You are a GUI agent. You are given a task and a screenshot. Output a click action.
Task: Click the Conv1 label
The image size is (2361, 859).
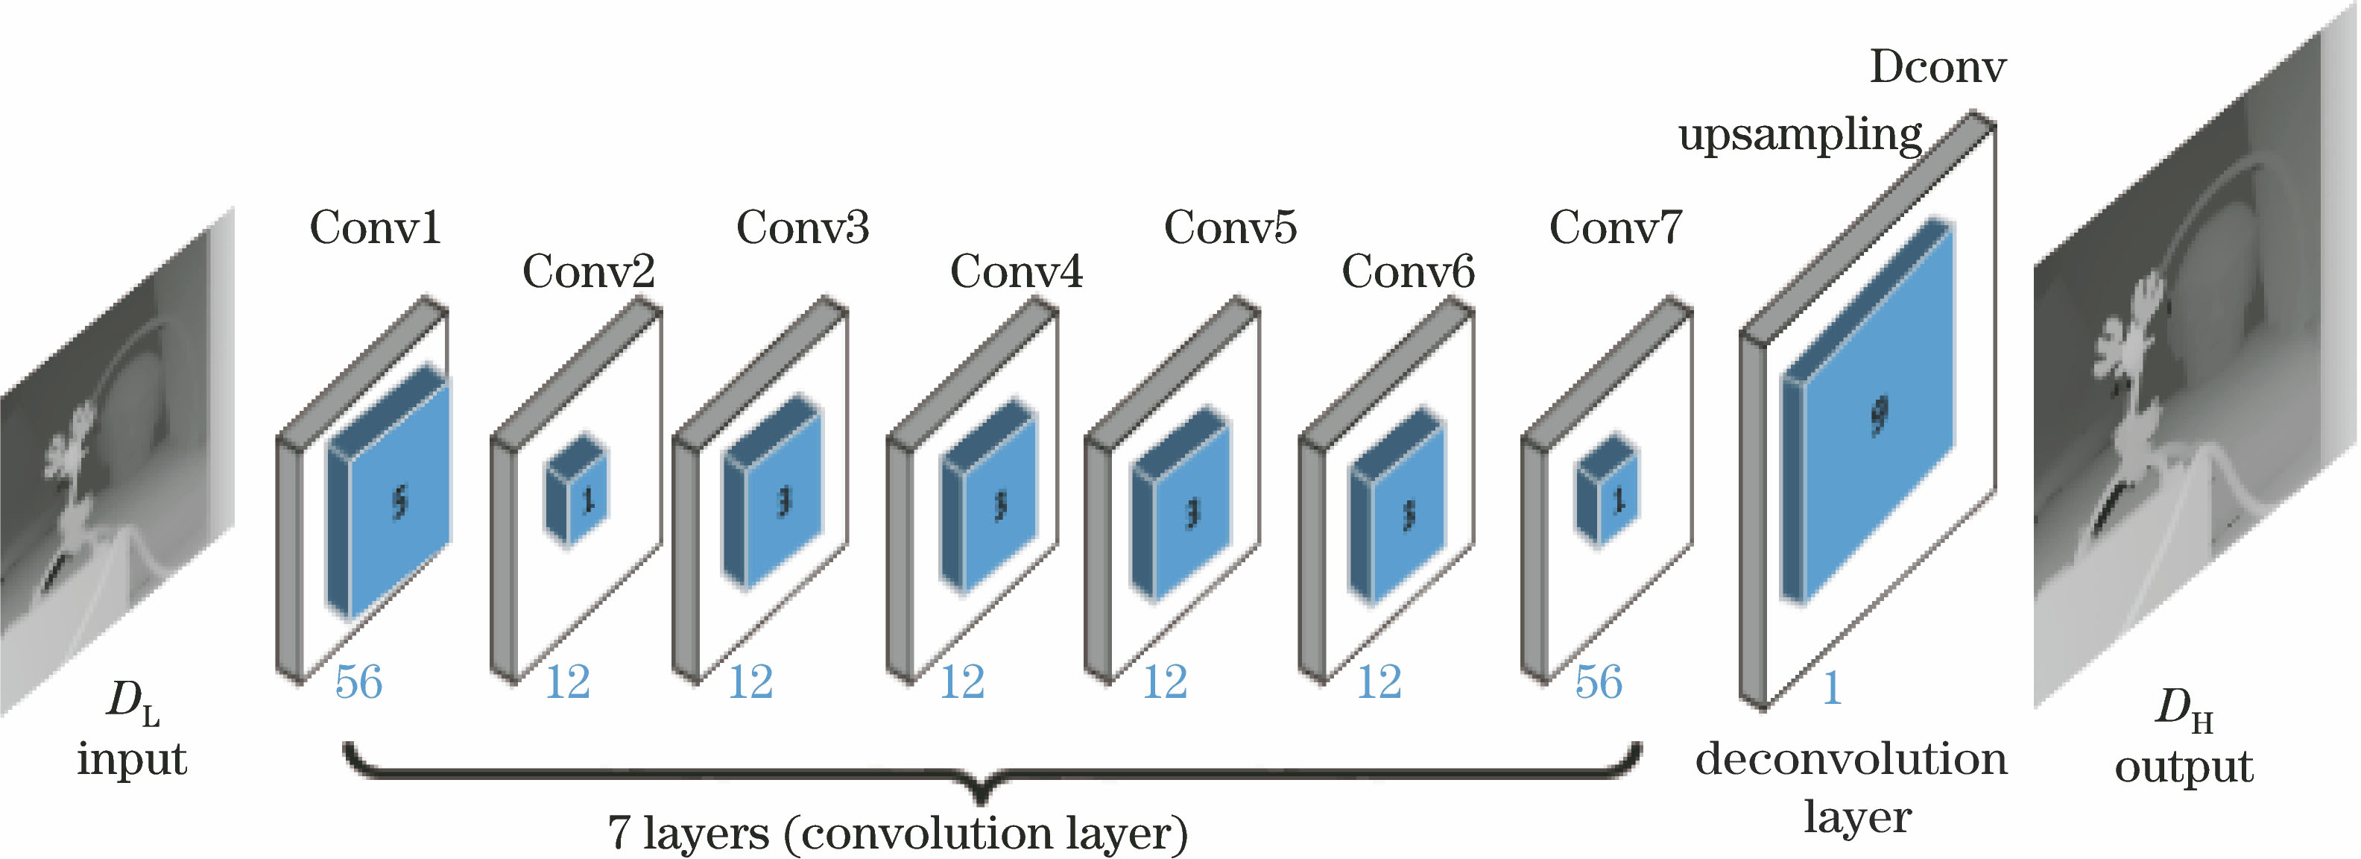(x=375, y=227)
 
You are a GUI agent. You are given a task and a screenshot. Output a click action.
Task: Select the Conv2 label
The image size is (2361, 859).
(x=589, y=271)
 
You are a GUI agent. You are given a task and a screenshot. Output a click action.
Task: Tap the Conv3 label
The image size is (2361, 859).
(x=802, y=227)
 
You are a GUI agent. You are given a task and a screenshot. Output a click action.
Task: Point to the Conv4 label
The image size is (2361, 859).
(x=1016, y=271)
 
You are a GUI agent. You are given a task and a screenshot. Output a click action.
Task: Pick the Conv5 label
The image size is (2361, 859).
(x=1230, y=227)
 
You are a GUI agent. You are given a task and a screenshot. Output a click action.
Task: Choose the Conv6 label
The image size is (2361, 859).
(x=1408, y=271)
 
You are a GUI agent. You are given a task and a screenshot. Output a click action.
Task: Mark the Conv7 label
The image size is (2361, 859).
(x=1615, y=227)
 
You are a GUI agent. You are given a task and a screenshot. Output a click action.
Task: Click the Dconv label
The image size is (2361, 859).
(x=1937, y=67)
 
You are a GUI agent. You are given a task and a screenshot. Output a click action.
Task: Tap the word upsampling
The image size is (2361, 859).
(x=1799, y=136)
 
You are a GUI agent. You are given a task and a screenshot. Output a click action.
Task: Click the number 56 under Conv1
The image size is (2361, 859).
(x=358, y=682)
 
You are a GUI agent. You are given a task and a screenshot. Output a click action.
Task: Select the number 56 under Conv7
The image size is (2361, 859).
(x=1599, y=682)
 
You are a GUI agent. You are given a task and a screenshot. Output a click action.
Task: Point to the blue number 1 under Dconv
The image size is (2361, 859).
(x=1831, y=687)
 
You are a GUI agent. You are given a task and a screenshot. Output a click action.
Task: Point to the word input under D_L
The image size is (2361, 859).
(x=132, y=760)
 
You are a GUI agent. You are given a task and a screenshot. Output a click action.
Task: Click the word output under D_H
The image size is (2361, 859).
(x=2183, y=767)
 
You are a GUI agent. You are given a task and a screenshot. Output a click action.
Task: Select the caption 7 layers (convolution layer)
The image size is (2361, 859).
(x=897, y=832)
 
